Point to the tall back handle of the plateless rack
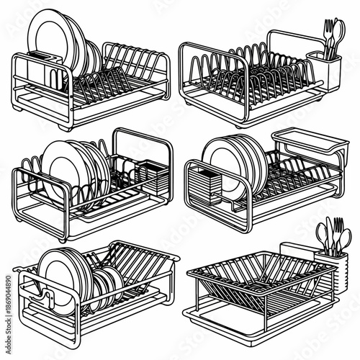click(292, 36)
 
